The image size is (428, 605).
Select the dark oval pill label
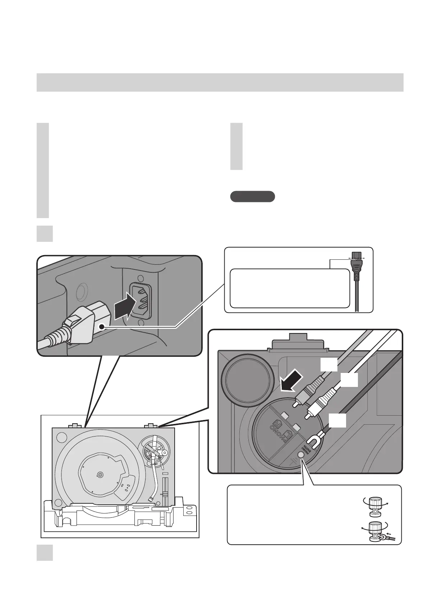(x=252, y=197)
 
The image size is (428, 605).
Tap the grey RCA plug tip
(x=295, y=404)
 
